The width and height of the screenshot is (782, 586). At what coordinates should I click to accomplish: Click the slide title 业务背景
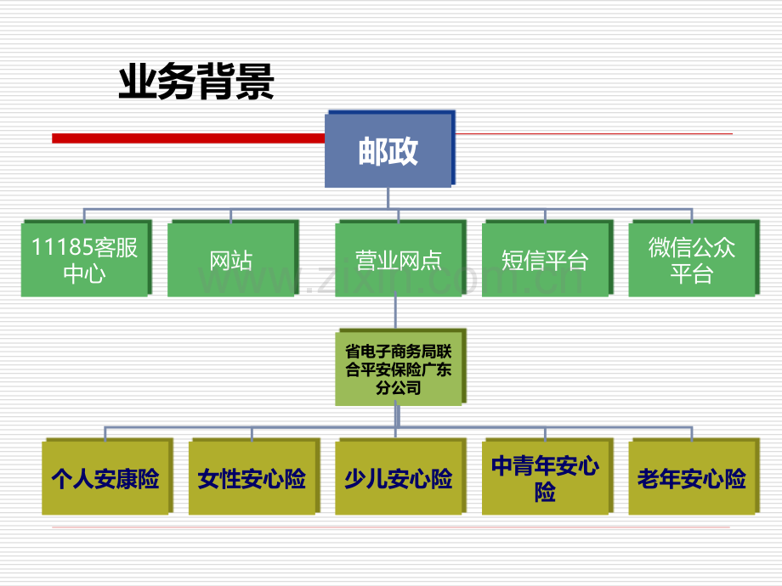point(195,84)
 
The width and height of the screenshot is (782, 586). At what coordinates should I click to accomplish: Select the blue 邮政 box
point(388,150)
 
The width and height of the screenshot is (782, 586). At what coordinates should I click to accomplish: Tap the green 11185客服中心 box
point(84,260)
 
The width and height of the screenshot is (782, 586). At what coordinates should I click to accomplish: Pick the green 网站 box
point(230,260)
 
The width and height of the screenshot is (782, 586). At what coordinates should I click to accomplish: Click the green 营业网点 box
point(398,260)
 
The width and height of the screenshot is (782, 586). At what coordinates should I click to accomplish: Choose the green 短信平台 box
point(544,260)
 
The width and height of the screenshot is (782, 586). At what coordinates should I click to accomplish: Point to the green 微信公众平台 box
point(691,260)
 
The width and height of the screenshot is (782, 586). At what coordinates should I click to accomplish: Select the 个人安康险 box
point(105,478)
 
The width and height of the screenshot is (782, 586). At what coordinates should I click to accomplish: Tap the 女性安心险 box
point(252,478)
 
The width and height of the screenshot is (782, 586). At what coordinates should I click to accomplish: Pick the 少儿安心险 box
point(398,478)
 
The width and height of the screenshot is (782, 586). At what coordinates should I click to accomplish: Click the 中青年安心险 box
point(545,478)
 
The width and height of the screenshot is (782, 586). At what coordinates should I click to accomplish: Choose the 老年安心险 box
point(692,478)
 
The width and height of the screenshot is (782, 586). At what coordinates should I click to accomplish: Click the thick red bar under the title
point(187,138)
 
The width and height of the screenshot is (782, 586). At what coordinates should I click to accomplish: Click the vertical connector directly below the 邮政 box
point(388,198)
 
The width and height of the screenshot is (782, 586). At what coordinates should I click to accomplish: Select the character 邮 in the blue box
point(372,151)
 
